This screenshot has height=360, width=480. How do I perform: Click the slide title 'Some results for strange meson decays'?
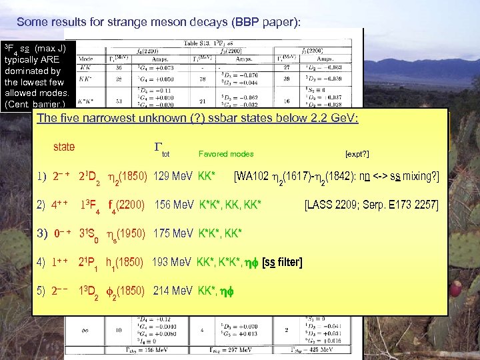tap(159, 22)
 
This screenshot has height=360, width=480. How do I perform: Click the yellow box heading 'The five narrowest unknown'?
tap(198, 119)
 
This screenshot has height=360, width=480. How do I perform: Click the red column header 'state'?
tap(64, 147)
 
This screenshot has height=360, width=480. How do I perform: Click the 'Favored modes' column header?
tap(226, 154)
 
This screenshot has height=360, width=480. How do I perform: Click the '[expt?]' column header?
tap(357, 154)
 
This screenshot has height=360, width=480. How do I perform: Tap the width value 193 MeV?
tap(172, 262)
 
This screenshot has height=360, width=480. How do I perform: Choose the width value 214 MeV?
tap(172, 291)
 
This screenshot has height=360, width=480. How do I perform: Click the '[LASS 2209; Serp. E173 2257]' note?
tap(371, 205)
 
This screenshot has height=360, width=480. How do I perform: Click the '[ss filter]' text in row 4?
tap(282, 262)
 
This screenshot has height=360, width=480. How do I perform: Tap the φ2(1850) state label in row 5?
tap(125, 291)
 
